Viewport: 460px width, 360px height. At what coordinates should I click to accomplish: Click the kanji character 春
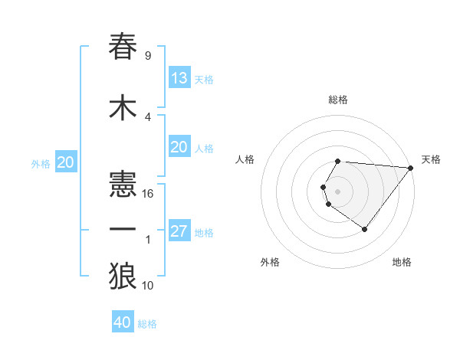[123, 47]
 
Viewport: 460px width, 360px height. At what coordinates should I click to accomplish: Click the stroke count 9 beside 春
[147, 56]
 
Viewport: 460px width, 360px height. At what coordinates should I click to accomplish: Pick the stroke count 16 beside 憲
[148, 193]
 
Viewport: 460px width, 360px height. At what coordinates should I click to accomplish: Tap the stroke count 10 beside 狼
[148, 286]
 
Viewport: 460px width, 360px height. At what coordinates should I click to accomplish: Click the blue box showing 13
[179, 78]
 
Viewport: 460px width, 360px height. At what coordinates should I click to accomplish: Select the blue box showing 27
[179, 231]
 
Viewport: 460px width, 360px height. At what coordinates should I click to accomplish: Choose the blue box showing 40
[123, 322]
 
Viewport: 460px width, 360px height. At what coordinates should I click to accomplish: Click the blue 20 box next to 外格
[66, 162]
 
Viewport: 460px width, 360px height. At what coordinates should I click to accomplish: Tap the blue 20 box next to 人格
[179, 148]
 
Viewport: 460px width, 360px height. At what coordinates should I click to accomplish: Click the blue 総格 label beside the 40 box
[147, 324]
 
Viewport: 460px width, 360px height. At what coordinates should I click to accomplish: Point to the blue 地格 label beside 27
[204, 233]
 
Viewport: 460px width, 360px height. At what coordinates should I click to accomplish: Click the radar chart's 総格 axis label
[337, 100]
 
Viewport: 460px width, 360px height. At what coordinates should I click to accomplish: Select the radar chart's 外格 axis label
[270, 262]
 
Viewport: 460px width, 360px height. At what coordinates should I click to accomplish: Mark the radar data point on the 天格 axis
[411, 168]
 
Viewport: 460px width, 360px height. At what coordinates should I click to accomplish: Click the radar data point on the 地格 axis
[364, 229]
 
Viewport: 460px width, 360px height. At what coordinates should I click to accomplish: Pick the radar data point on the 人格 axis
[324, 188]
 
